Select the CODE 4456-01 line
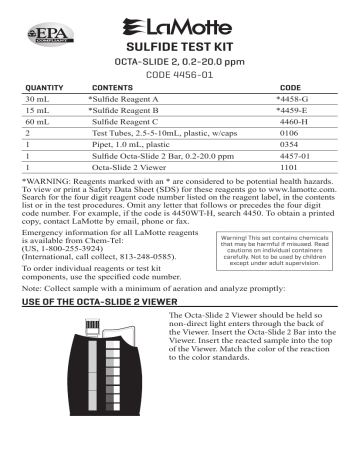coord(181,74)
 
